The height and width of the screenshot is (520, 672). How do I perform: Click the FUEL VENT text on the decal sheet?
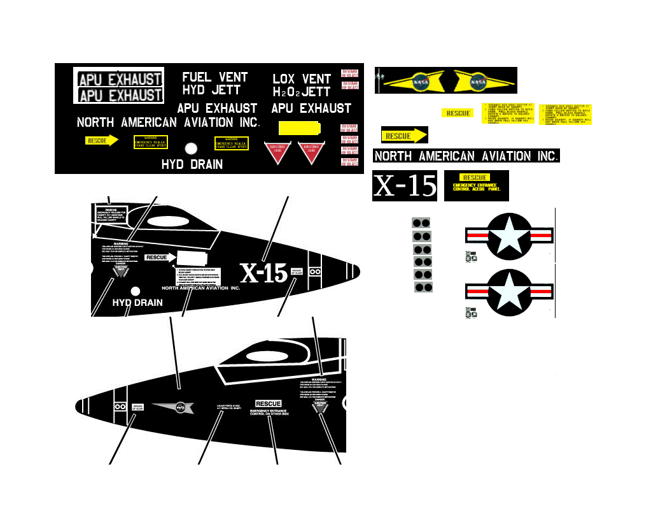pos(215,77)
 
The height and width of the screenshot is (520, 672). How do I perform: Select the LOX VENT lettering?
pos(302,79)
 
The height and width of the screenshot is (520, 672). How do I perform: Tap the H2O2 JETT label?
pos(302,92)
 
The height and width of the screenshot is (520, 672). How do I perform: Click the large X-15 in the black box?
pos(405,185)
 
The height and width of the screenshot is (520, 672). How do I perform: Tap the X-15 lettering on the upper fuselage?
pos(263,273)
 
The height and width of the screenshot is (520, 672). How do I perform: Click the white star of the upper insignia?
pos(510,235)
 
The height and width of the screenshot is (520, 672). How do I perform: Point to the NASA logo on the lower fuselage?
pos(180,406)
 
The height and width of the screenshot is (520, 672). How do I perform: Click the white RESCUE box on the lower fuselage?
pos(268,403)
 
